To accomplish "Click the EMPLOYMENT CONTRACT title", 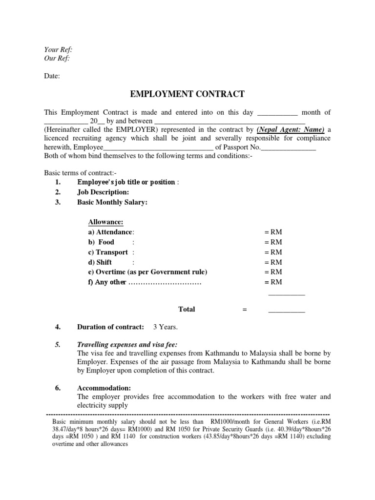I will pyautogui.click(x=187, y=94).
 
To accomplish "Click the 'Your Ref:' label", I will pyautogui.click(x=58, y=50).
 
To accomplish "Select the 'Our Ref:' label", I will pyautogui.click(x=57, y=59).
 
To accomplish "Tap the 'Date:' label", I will pyautogui.click(x=52, y=76).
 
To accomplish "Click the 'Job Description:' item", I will pyautogui.click(x=103, y=192).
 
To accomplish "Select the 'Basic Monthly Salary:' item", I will pyautogui.click(x=112, y=202).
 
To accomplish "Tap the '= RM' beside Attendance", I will pyautogui.click(x=273, y=232).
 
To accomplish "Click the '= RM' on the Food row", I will pyautogui.click(x=273, y=242).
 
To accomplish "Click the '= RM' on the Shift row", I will pyautogui.click(x=273, y=262).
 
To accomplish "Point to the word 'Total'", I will pyautogui.click(x=187, y=309).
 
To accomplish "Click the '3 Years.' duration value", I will pyautogui.click(x=166, y=327).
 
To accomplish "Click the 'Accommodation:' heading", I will pyautogui.click(x=104, y=388).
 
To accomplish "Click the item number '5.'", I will pyautogui.click(x=58, y=345).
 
